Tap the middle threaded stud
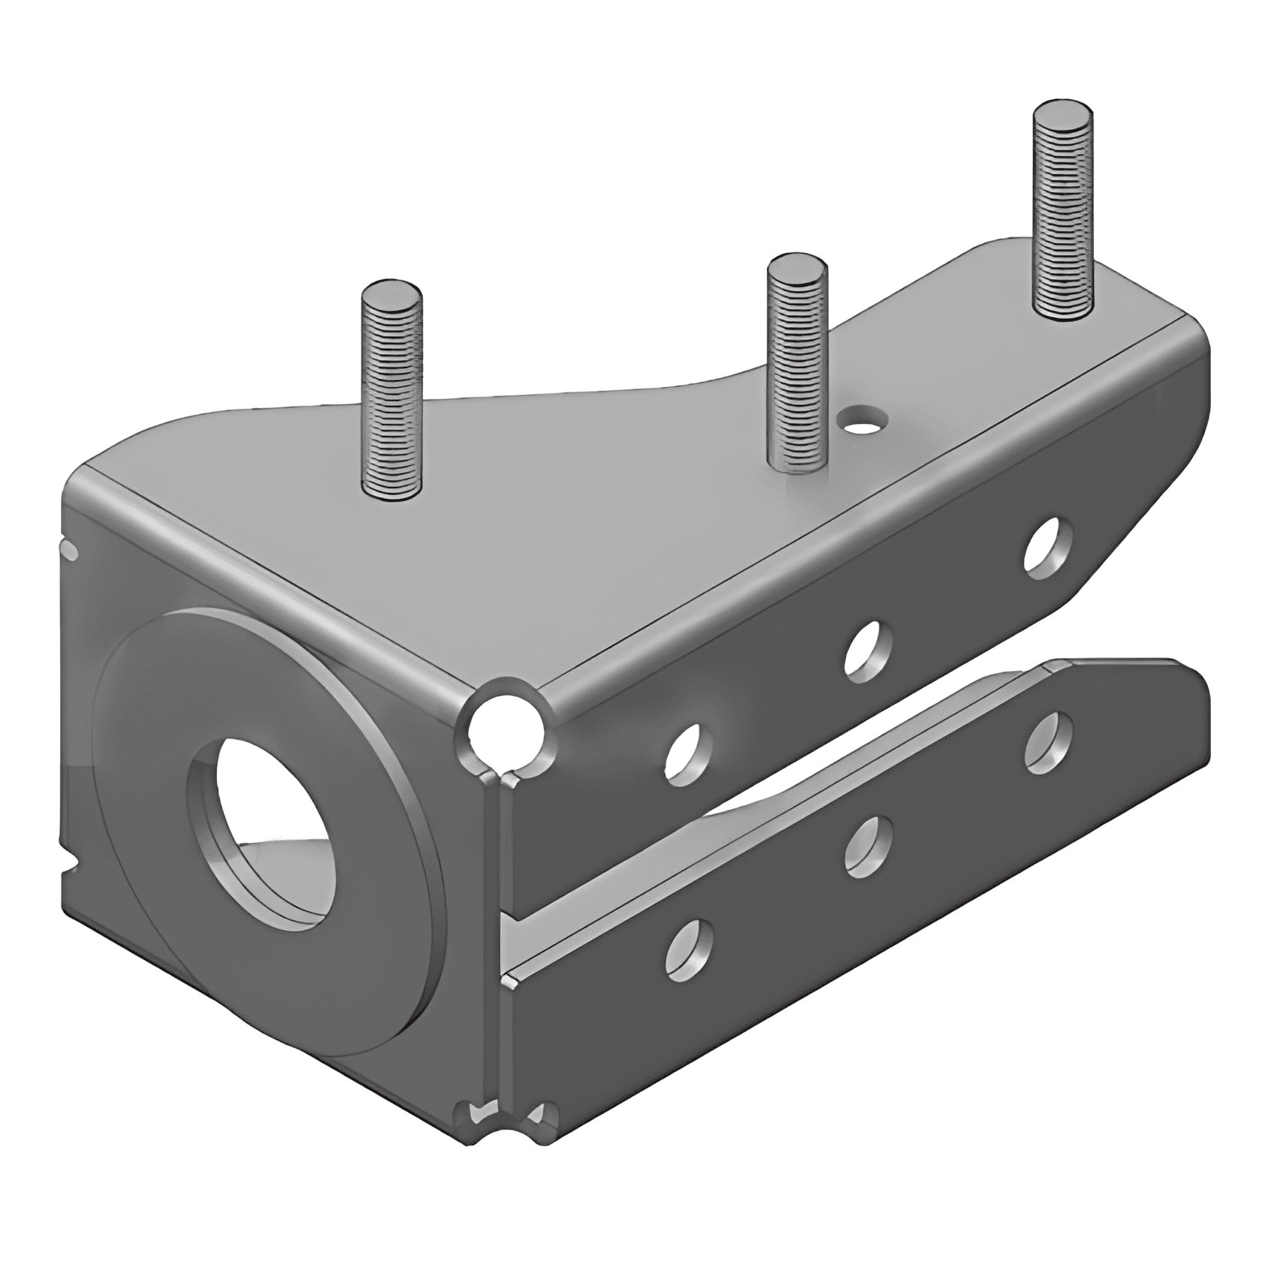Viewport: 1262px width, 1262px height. pos(796,368)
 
